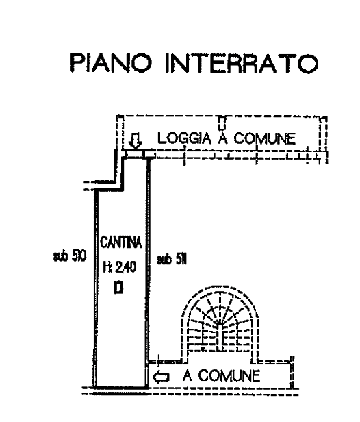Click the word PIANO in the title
[112, 63]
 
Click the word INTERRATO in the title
[242, 63]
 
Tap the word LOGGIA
[184, 138]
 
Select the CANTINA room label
[120, 243]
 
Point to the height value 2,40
[126, 267]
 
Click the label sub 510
[70, 256]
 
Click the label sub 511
[172, 260]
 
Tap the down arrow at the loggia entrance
[136, 142]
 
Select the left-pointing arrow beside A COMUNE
[161, 377]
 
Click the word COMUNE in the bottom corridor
[229, 375]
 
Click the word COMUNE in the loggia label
[265, 138]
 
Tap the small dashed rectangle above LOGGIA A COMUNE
[222, 123]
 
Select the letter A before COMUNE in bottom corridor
[188, 375]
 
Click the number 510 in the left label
[79, 256]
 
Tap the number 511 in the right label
[181, 260]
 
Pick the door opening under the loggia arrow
[134, 154]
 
